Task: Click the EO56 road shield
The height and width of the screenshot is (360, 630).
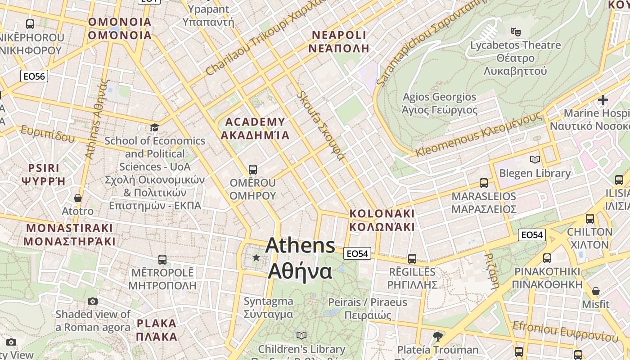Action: click(x=34, y=76)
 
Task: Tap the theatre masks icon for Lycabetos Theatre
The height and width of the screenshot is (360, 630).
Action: click(x=515, y=31)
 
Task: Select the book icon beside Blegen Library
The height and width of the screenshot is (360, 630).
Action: click(x=535, y=159)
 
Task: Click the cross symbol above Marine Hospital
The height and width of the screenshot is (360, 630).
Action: click(x=603, y=99)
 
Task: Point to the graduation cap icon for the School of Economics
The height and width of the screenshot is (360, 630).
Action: click(x=155, y=127)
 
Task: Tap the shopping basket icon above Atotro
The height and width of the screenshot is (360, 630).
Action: click(x=78, y=198)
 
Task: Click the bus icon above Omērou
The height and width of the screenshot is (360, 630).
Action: click(x=252, y=170)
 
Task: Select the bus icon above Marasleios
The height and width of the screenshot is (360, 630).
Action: click(x=484, y=183)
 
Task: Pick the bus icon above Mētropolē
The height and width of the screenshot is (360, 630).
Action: click(x=162, y=260)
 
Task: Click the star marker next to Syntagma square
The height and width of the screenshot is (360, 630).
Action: click(x=256, y=257)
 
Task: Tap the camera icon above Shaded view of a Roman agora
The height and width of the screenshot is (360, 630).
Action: click(x=93, y=301)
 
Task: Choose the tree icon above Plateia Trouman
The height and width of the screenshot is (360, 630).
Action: click(x=437, y=336)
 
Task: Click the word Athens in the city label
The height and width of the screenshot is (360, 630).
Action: click(x=300, y=246)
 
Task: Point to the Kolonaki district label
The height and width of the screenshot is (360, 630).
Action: click(x=382, y=220)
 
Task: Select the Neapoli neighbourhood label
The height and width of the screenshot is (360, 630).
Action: click(x=340, y=41)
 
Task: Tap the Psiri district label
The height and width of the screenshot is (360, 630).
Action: click(x=44, y=175)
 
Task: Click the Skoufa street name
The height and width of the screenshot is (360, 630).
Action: click(x=321, y=126)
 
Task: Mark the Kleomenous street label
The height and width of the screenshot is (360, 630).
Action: click(x=479, y=134)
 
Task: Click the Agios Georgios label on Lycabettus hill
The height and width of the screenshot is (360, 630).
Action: click(x=439, y=103)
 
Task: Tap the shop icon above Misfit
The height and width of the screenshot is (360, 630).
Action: click(x=596, y=291)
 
